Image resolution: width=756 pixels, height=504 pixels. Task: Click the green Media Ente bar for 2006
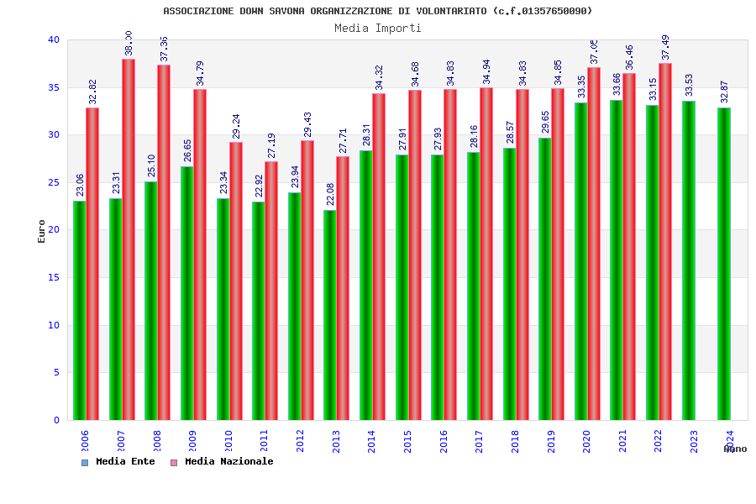[79, 310]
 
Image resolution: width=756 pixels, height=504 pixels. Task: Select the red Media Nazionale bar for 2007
[129, 239]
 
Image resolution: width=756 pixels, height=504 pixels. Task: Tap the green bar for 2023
[689, 260]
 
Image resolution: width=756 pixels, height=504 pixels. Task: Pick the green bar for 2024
[724, 264]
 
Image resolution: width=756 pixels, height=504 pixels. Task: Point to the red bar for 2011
[271, 291]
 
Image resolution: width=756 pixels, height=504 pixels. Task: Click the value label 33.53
[690, 86]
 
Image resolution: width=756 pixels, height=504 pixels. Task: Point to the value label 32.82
[92, 92]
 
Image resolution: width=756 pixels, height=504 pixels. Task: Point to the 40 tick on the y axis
[54, 39]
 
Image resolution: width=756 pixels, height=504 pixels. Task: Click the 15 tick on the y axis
[54, 277]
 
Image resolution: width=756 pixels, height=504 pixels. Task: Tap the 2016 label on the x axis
[444, 441]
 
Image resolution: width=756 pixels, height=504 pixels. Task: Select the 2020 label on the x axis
[586, 441]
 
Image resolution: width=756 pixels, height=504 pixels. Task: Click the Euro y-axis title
[42, 231]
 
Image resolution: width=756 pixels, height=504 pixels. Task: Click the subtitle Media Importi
[378, 28]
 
